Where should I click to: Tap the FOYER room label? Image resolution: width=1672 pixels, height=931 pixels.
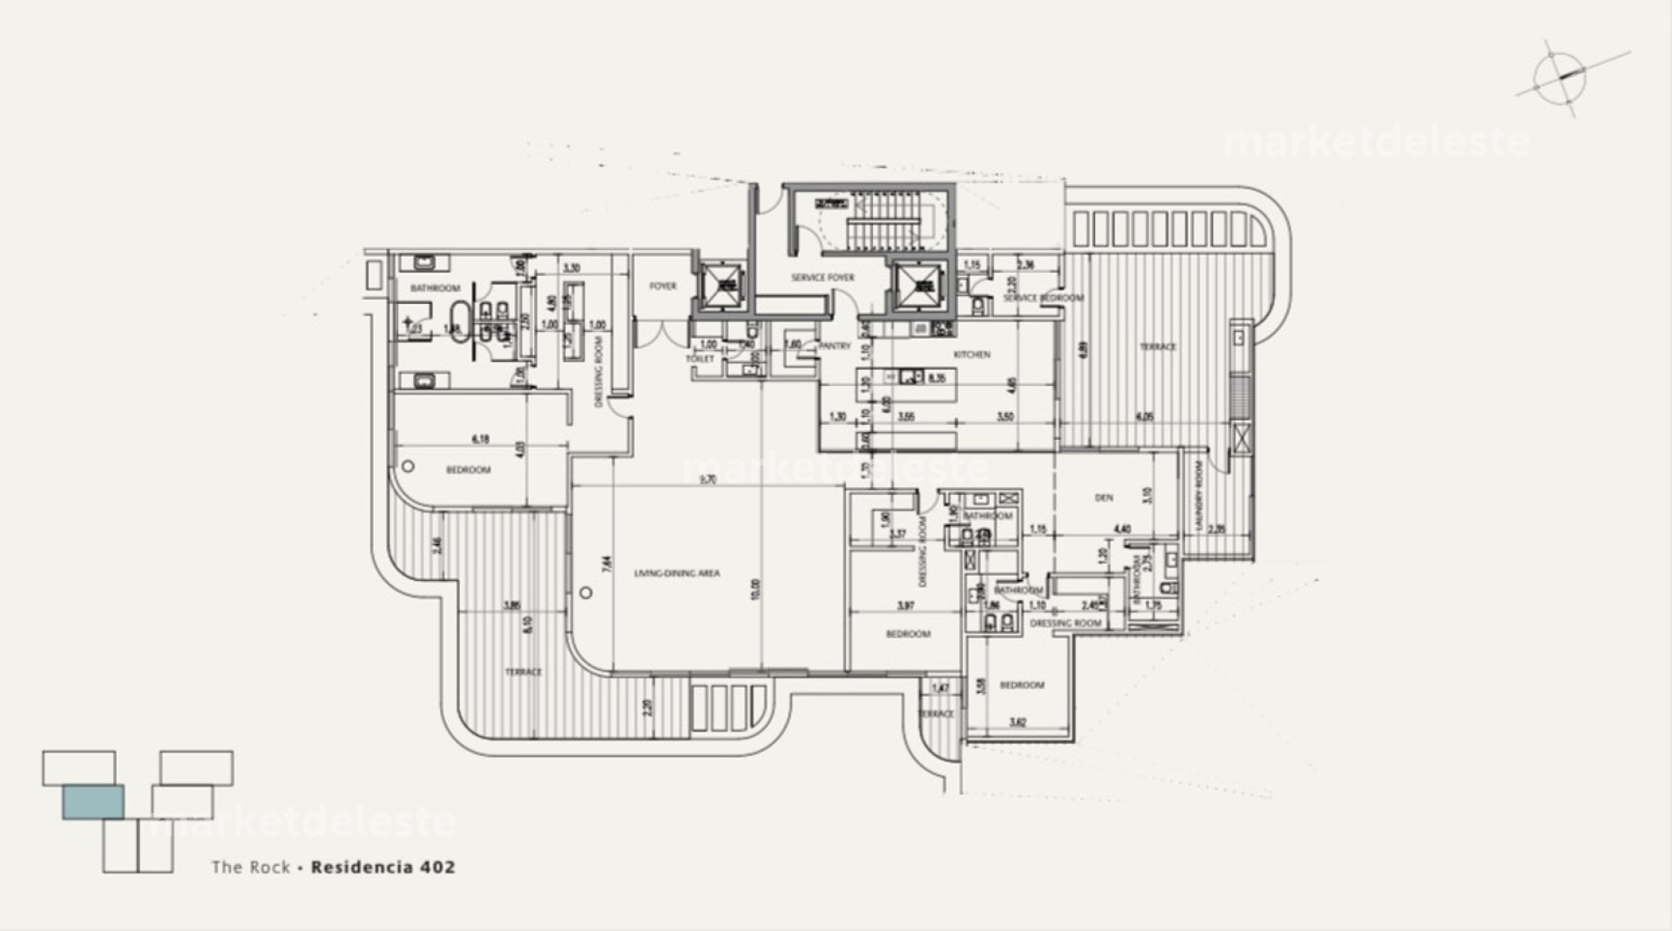(x=662, y=286)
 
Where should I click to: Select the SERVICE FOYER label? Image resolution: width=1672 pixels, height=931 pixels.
(x=822, y=278)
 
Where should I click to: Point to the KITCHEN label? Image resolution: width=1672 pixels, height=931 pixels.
(x=971, y=354)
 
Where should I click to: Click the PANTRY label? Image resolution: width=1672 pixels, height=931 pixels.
(x=834, y=346)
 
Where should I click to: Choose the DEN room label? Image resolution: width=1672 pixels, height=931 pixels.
(x=1103, y=498)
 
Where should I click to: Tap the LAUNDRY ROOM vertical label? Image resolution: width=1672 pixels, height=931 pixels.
(x=1200, y=499)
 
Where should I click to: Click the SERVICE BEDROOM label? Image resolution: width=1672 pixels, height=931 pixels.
(x=1043, y=298)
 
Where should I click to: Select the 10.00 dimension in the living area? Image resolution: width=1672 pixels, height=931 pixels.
(x=755, y=590)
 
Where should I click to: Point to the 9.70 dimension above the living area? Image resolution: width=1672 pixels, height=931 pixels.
(x=707, y=479)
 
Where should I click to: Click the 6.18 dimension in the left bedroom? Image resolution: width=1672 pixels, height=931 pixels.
(x=479, y=440)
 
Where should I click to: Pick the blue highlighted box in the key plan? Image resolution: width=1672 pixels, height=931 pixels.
(x=92, y=801)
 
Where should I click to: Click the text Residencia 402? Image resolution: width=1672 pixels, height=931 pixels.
(x=383, y=867)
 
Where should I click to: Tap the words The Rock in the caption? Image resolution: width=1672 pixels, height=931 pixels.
(x=251, y=867)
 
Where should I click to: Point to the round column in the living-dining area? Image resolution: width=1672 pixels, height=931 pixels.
(x=586, y=593)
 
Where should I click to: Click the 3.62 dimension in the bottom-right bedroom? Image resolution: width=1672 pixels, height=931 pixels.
(x=1017, y=722)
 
